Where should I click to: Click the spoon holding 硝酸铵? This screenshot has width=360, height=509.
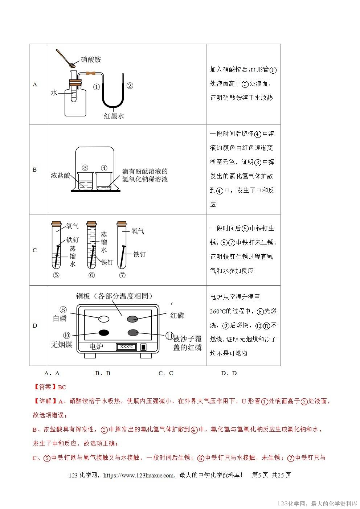tap(65, 58)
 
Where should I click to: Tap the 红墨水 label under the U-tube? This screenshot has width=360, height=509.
tap(114, 116)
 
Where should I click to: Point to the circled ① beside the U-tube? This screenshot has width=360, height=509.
tap(96, 87)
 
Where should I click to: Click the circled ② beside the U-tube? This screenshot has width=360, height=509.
tap(130, 86)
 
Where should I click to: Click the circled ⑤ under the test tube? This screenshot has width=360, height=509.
tap(56, 275)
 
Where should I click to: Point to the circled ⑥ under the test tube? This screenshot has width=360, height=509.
tap(91, 275)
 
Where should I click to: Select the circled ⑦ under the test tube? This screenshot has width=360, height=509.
tap(122, 275)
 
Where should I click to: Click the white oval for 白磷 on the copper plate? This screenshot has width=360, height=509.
tap(104, 319)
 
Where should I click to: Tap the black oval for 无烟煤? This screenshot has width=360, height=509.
tap(104, 332)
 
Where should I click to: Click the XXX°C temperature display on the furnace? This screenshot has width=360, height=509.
tap(126, 347)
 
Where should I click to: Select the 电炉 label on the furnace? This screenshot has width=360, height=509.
tap(96, 347)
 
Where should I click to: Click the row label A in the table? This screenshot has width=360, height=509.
tap(35, 85)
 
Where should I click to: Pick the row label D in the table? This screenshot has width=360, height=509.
tap(35, 325)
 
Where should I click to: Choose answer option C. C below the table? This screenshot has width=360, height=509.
tap(166, 373)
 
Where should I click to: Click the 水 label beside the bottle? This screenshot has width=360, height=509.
tap(54, 93)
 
